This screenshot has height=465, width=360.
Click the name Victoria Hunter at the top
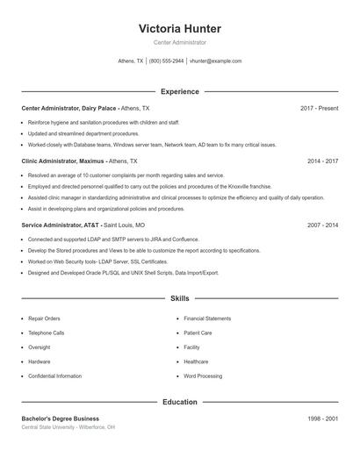click(180, 28)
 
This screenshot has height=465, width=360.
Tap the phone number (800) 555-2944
click(166, 61)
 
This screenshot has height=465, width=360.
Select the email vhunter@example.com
click(215, 61)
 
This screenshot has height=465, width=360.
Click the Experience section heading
click(180, 91)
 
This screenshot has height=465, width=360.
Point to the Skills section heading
click(180, 298)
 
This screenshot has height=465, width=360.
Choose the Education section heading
click(180, 402)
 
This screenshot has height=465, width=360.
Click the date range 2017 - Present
click(319, 108)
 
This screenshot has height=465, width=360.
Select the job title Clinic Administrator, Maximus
click(62, 161)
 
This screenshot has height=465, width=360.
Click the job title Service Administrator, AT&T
click(61, 225)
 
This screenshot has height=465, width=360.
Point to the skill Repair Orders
click(44, 318)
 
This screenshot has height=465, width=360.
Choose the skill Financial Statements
click(207, 318)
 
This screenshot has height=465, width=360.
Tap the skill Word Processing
click(202, 376)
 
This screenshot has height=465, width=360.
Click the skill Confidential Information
click(54, 376)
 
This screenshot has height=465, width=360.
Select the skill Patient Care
click(198, 333)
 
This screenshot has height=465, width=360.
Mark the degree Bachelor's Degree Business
click(61, 418)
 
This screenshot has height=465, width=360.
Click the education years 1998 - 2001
click(323, 418)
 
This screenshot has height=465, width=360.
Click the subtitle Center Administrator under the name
click(180, 42)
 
